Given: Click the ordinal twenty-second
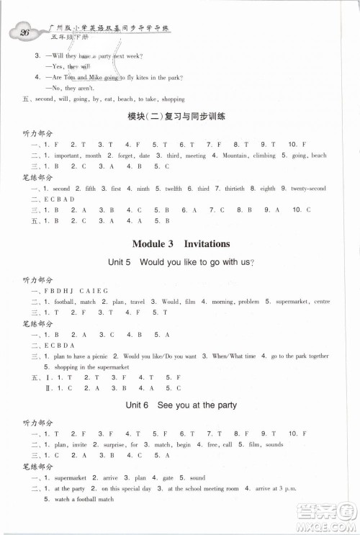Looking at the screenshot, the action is [x=308, y=189].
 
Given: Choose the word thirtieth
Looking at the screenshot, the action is [x=231, y=189].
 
